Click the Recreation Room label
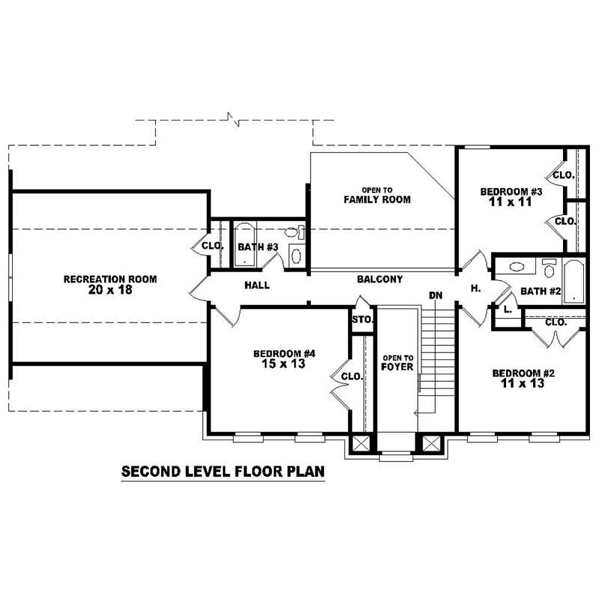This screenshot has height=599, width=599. coord(110,279)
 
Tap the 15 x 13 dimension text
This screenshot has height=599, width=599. coord(283,364)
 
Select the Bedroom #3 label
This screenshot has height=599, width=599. coord(511,192)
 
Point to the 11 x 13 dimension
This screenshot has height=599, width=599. coord(522,383)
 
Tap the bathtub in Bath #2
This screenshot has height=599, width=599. coord(574,282)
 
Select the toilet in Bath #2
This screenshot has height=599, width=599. coord(549,268)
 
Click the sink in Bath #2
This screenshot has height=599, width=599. coord(517,267)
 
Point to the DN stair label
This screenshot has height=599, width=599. coord(436,295)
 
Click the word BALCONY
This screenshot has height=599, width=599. coord(380,279)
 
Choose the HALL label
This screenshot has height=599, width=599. coord(257,285)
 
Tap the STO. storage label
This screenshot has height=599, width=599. coord(362,320)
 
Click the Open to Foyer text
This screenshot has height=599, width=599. coord(398,362)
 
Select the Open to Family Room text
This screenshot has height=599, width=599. coord(377,195)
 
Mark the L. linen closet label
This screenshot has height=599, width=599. coord(508,310)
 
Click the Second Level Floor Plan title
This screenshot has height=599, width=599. coord(223,472)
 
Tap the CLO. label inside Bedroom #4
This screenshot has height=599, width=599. coord(351,377)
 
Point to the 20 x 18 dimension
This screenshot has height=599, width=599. coord(110,290)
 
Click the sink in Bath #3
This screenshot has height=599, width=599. coord(296,255)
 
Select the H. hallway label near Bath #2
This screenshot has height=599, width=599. coord(475,289)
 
